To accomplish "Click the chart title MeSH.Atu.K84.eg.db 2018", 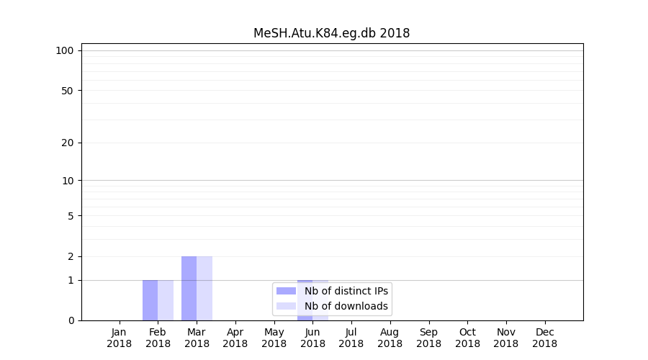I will [331, 33].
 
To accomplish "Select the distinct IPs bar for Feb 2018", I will [150, 300].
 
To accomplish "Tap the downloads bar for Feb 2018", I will [166, 300].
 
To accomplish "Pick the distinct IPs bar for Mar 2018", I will [189, 288].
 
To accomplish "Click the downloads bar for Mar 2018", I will [204, 288].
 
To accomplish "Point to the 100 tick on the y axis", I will [65, 50].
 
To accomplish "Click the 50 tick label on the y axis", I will [68, 91].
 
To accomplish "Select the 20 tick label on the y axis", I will [68, 143].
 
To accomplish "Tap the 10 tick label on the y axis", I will [68, 181].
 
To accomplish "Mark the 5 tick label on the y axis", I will [71, 216].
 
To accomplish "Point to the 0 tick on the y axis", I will [71, 320].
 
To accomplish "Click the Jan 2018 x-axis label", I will [119, 338].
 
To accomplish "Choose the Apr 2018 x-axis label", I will [235, 338].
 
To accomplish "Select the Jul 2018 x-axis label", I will [351, 338].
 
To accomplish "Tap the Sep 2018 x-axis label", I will [428, 338].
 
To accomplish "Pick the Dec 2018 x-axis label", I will [544, 338].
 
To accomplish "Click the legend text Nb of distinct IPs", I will [346, 291].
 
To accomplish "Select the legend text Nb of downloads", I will [346, 306].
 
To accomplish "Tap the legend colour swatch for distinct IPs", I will [286, 291].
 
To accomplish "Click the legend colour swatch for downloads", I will [286, 306].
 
